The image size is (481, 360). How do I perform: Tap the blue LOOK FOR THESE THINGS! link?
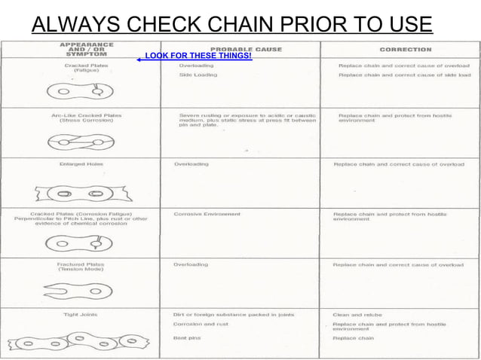[198, 56]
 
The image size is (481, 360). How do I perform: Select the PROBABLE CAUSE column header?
[241, 49]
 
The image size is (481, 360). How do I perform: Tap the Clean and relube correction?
[357, 314]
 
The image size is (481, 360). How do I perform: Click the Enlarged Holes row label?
[76, 163]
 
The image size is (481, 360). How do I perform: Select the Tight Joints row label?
[77, 314]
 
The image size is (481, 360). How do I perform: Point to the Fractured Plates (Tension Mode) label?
[80, 267]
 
